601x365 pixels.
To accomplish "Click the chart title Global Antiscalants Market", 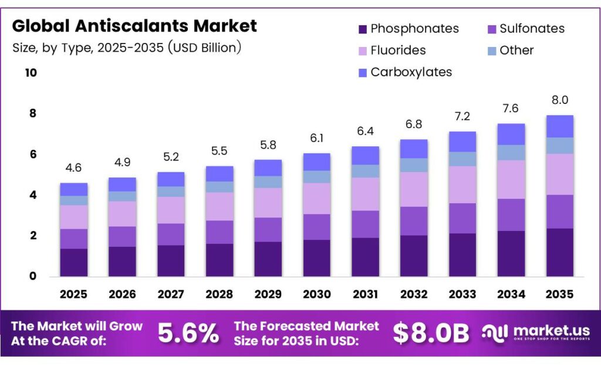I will coord(134,26).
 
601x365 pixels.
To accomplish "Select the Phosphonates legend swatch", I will coord(362,29).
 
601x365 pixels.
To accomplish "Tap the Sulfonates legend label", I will coord(532,28).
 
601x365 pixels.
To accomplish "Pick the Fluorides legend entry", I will coord(398,51).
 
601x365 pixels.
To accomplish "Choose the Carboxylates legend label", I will coord(411,72).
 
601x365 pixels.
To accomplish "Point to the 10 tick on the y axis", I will coord(31,72).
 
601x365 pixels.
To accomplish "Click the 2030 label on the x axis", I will coord(316,293).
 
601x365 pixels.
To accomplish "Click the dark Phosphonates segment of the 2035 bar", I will coord(559,252).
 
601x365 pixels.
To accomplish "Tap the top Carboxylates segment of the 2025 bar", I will coord(73,189).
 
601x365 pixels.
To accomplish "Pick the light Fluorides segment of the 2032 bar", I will coord(414,189).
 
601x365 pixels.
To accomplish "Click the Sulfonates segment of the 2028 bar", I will coord(220,232).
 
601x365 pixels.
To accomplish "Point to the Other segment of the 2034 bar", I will coord(511,152).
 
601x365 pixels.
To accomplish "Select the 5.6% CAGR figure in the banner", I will coord(188,333).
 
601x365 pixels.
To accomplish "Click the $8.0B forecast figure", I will coord(431,333).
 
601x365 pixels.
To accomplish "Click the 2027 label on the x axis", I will coord(171,293).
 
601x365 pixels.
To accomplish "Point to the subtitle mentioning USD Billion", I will coord(127,48).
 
